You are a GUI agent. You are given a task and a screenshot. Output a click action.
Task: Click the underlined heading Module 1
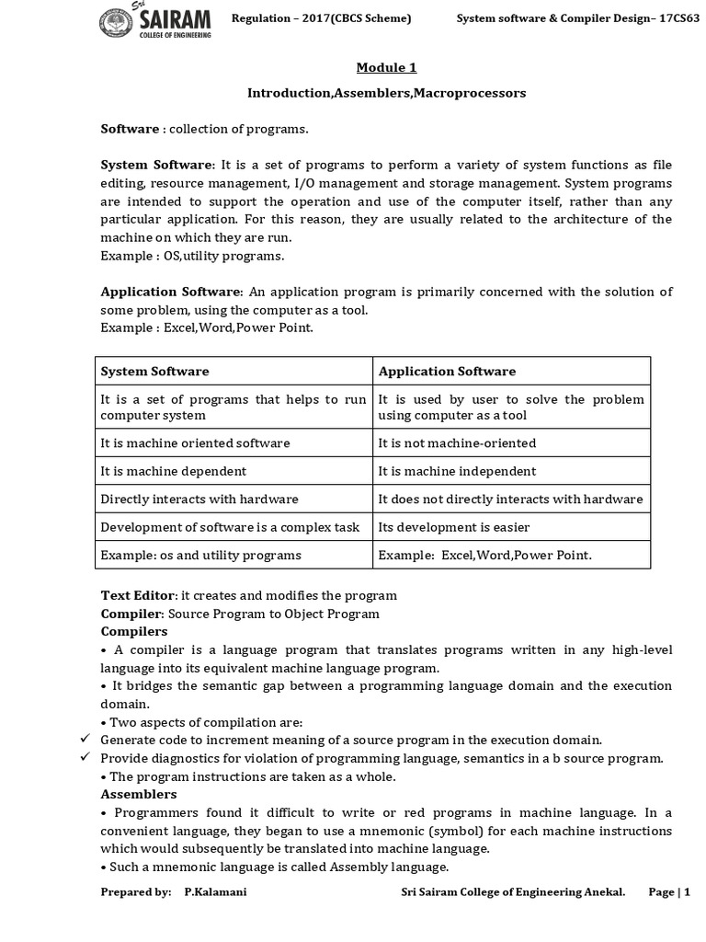pos(386,68)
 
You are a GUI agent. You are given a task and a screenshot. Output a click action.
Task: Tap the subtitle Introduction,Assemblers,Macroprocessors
pos(386,94)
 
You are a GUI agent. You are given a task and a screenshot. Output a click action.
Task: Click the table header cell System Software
pos(154,371)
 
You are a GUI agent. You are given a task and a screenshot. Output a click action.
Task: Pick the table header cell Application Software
pos(447,371)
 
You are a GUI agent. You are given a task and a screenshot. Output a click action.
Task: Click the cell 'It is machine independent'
pos(457,471)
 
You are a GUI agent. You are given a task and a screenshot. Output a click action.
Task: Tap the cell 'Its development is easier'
pos(454,527)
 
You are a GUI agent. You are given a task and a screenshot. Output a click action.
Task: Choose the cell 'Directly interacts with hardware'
pos(199,499)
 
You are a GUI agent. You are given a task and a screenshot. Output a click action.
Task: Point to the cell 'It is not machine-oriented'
pos(457,442)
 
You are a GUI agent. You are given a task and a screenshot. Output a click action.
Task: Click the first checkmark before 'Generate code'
pos(85,739)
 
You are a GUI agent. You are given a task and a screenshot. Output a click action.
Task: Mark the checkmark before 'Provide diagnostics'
pos(85,757)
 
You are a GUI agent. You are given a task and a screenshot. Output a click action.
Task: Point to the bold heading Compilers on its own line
pos(134,632)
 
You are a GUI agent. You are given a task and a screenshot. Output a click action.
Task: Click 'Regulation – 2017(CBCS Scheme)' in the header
pos(321,18)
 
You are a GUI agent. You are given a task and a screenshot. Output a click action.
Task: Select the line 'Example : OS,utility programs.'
pos(192,255)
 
